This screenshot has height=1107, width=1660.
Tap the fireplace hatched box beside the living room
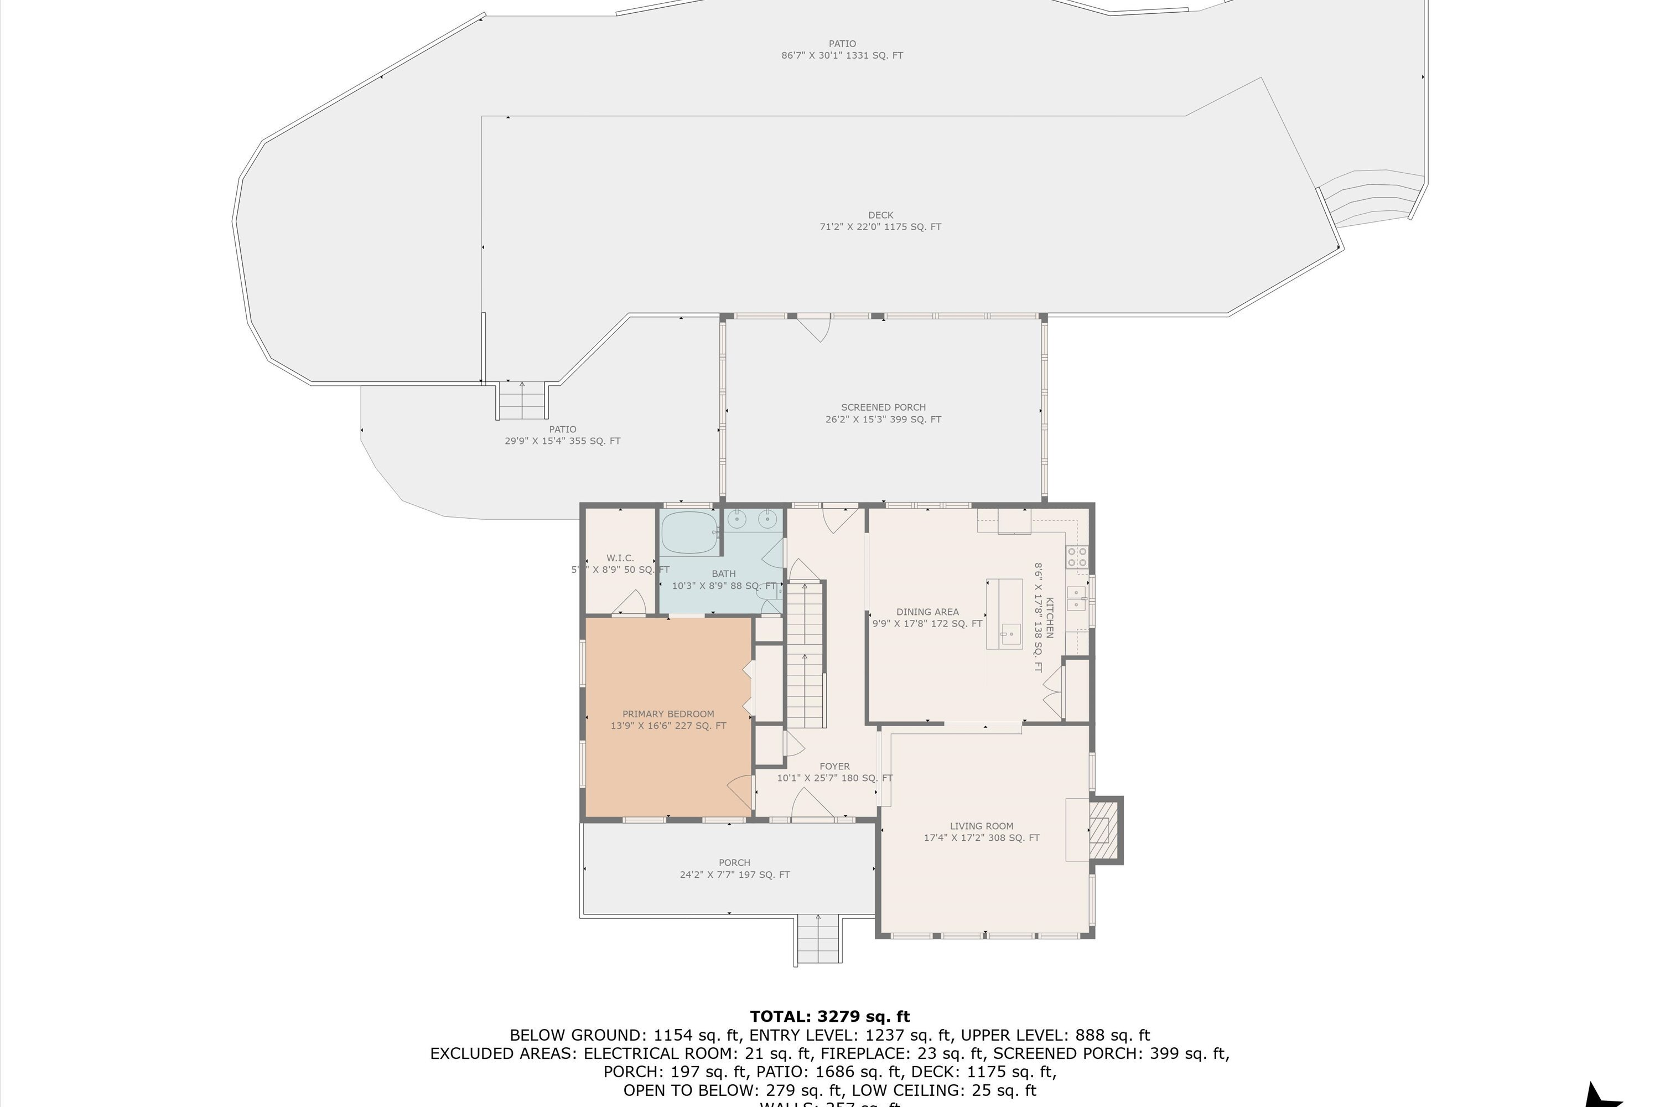[1104, 830]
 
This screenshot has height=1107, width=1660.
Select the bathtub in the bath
[689, 533]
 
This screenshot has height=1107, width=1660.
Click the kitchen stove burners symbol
[1077, 557]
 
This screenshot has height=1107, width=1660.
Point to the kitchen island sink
[1011, 634]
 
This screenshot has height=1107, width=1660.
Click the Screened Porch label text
[883, 407]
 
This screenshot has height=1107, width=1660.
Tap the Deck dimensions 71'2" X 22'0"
[880, 226]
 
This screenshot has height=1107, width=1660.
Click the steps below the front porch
[819, 940]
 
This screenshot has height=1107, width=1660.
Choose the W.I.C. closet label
[620, 558]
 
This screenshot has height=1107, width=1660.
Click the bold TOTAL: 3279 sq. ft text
[829, 1017]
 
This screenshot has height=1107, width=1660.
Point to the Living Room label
[981, 826]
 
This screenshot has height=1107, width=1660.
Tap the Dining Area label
[927, 612]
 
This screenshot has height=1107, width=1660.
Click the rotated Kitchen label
[1050, 617]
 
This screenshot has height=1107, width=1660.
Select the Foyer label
[834, 766]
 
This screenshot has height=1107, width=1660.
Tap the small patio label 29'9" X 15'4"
[563, 441]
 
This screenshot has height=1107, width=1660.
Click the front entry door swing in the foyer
[812, 805]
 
